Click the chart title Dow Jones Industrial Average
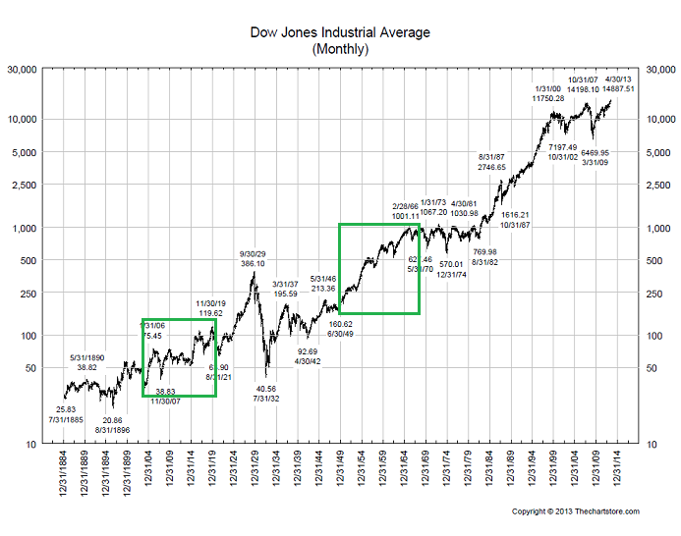click(340, 33)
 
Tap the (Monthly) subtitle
click(340, 48)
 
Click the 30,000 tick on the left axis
click(23, 71)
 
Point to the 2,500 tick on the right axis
click(655, 185)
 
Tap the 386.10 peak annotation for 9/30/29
click(254, 264)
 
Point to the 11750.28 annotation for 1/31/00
click(548, 98)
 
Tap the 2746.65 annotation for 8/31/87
click(492, 167)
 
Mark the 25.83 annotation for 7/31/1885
click(66, 409)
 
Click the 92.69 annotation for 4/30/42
click(308, 350)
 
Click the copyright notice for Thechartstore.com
click(576, 511)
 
